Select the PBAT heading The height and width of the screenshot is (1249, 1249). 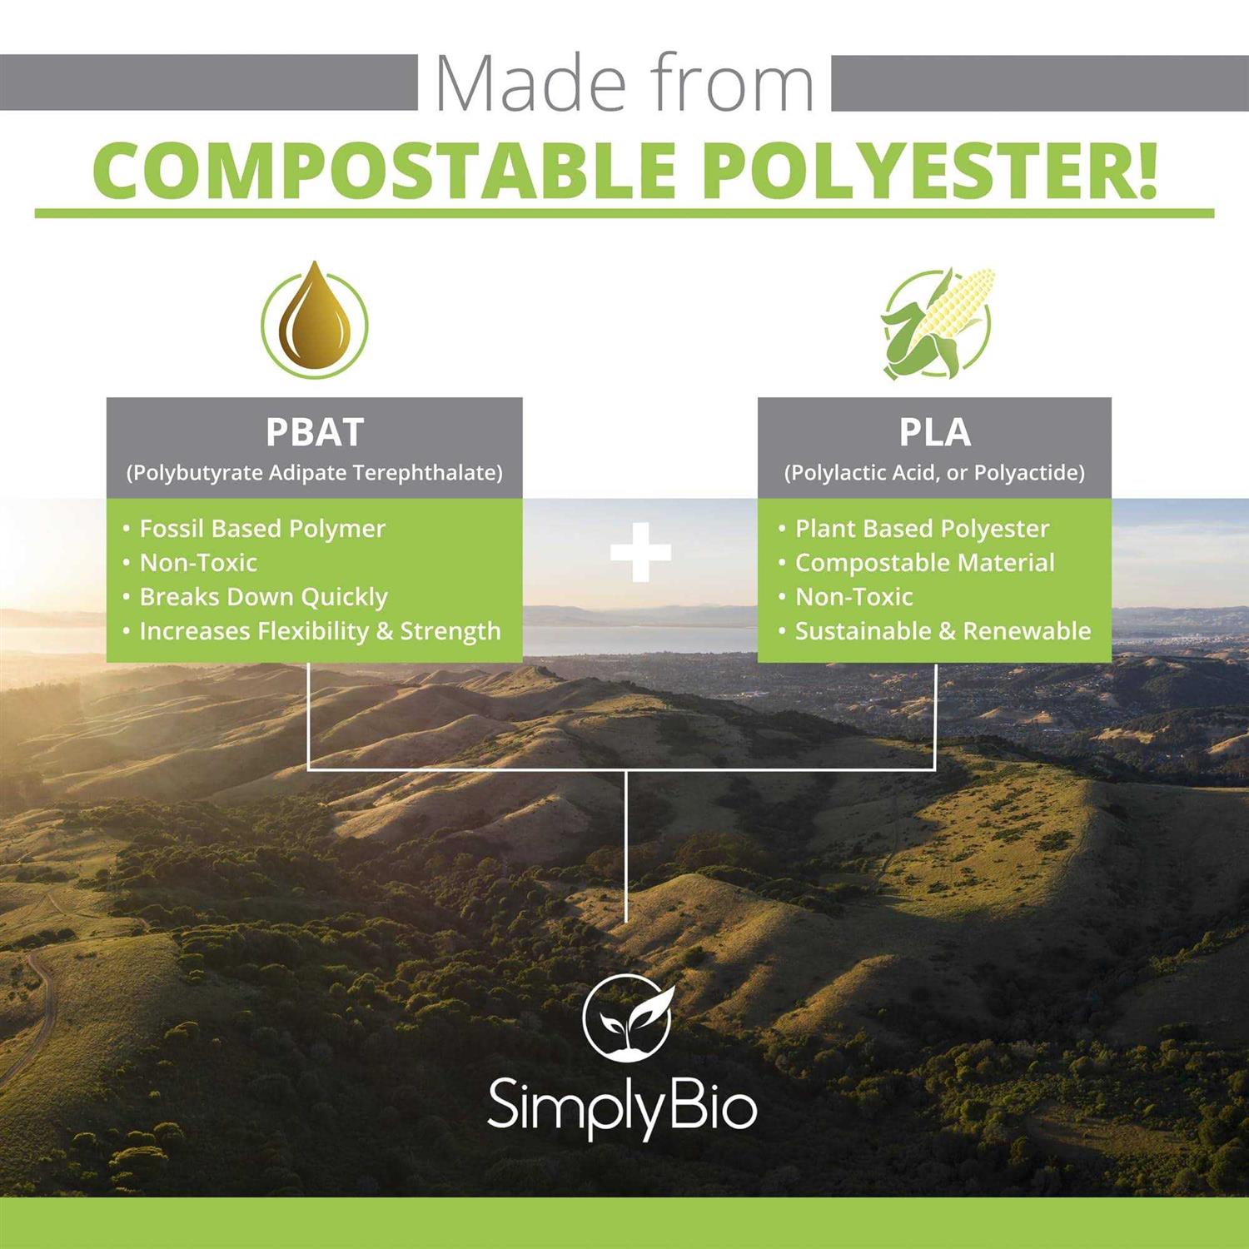(314, 432)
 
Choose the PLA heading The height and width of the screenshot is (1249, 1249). (934, 432)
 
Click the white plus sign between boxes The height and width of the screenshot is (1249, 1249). (640, 552)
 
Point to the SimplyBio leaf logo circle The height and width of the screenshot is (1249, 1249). (627, 1015)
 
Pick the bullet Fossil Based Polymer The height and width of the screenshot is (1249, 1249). (261, 529)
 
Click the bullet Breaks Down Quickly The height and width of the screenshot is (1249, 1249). (263, 597)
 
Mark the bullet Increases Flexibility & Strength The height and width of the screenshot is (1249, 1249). (320, 631)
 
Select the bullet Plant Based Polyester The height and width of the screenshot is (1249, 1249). (922, 529)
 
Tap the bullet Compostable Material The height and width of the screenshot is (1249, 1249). (924, 563)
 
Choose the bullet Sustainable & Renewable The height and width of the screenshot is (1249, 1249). (943, 631)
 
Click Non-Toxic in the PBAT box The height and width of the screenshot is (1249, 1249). (198, 563)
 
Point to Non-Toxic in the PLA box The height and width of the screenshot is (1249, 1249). (853, 597)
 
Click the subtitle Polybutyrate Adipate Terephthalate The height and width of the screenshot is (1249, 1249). (314, 473)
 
